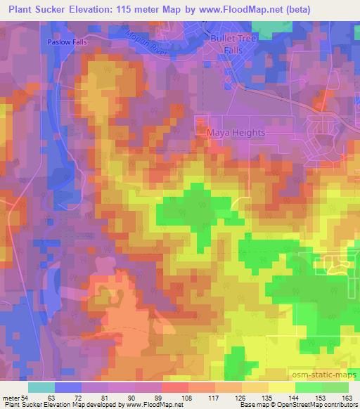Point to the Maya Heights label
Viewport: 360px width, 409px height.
pyautogui.click(x=236, y=132)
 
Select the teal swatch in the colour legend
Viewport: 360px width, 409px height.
pyautogui.click(x=41, y=387)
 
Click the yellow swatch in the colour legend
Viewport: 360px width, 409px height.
pyautogui.click(x=281, y=387)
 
